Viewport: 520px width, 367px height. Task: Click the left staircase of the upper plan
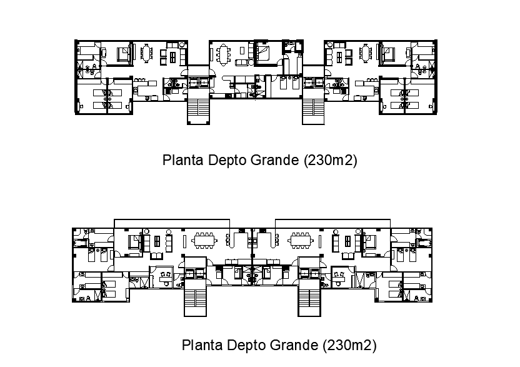199,110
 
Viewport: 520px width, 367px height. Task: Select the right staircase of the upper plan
313,110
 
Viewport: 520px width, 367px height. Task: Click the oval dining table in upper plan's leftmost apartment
147,53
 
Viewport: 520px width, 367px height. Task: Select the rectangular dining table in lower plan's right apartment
301,240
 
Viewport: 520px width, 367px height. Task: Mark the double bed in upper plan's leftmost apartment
124,54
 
